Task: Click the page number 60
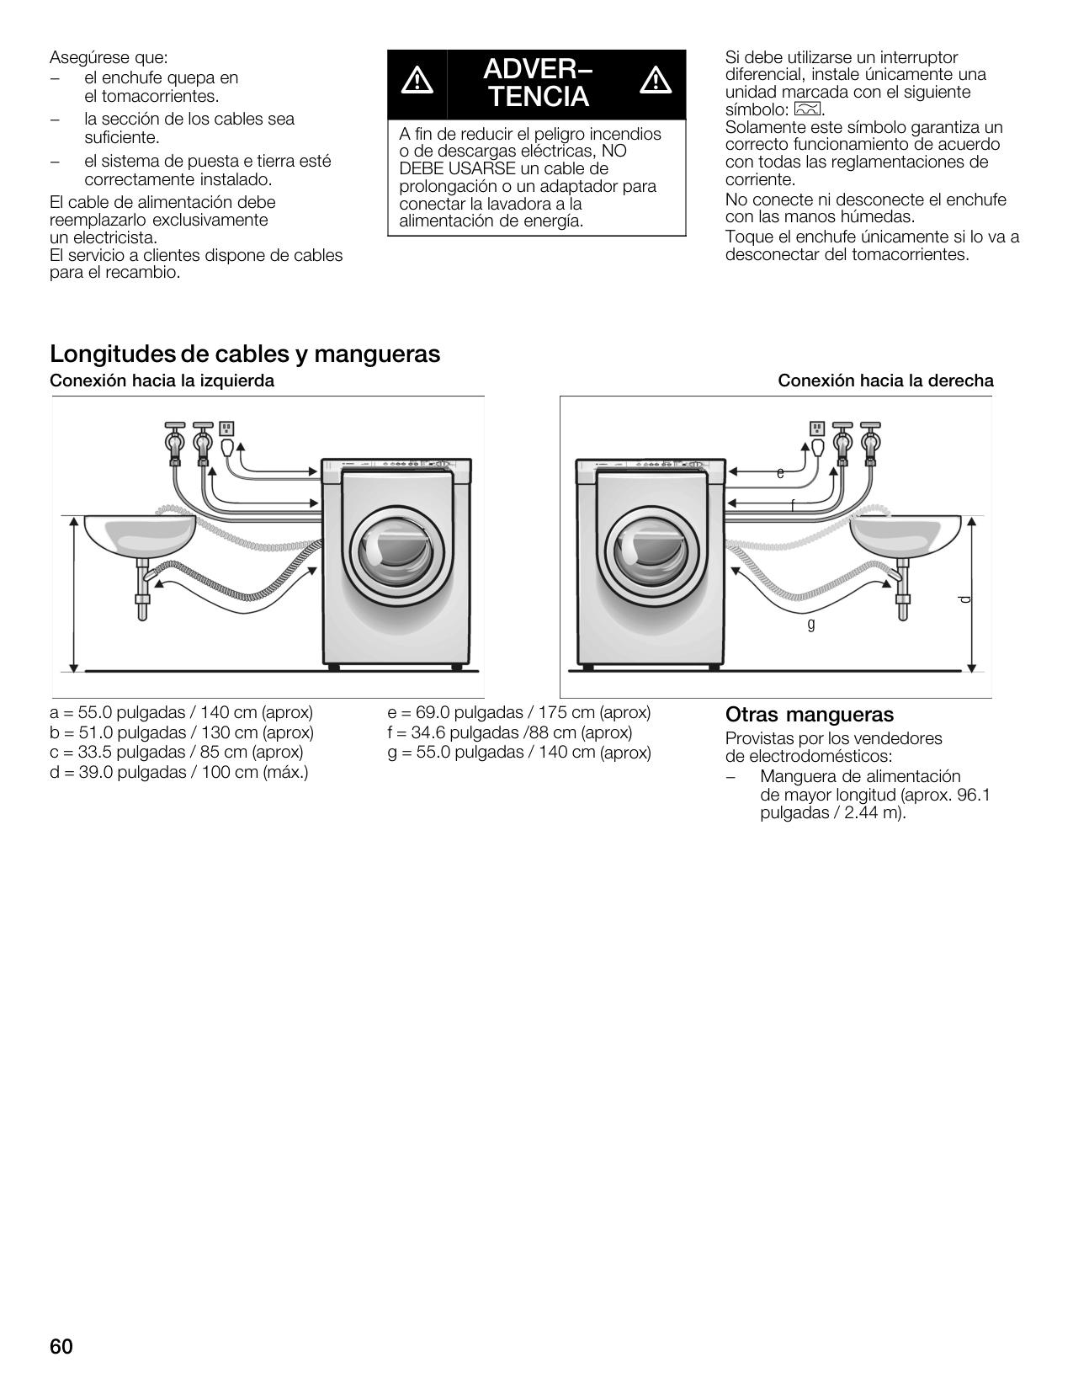(x=61, y=1347)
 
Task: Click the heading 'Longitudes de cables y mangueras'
(x=245, y=354)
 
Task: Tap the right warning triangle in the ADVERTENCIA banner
(x=654, y=82)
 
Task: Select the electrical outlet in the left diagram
(x=226, y=428)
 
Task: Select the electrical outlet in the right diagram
(x=816, y=428)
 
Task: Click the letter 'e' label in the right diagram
(x=780, y=474)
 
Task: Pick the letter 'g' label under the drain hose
(x=811, y=624)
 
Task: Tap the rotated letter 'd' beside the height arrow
(x=964, y=599)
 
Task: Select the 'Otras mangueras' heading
(x=809, y=715)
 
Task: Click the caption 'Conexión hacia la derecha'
(x=885, y=381)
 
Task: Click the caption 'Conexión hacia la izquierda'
(x=162, y=381)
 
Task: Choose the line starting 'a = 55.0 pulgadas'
(x=182, y=712)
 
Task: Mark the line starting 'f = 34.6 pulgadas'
(x=510, y=732)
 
